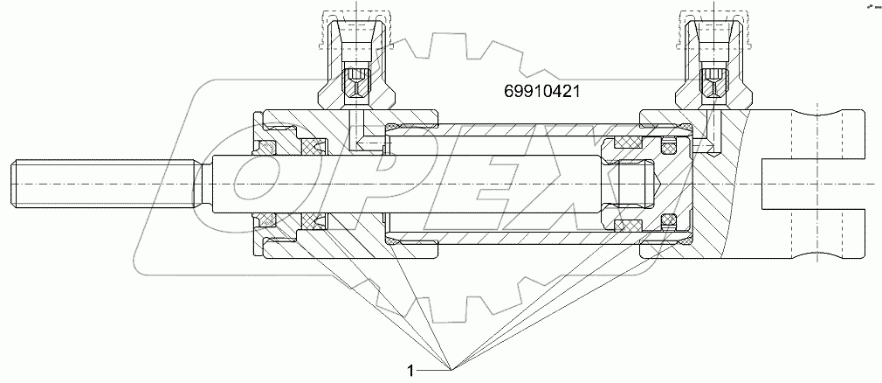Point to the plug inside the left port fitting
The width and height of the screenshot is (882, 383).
point(356,85)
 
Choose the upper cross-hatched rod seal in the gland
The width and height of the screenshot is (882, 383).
point(311,145)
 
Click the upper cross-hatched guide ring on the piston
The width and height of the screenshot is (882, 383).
point(631,142)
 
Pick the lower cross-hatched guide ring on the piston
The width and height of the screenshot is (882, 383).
point(631,226)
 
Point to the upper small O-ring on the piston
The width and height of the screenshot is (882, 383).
point(671,145)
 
